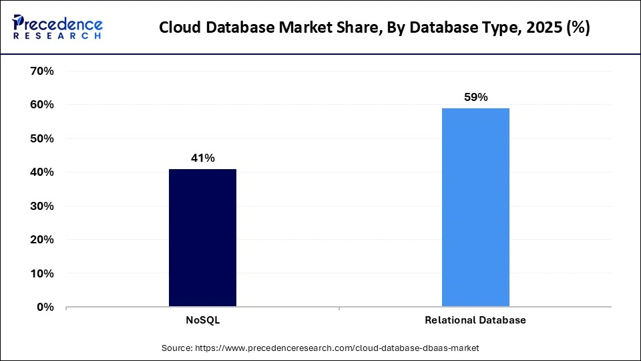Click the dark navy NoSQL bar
tap(202, 238)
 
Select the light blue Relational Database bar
tap(475, 207)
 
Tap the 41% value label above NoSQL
tap(202, 158)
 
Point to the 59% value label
tap(475, 98)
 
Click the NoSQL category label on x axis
tap(202, 320)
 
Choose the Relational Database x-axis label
tap(475, 320)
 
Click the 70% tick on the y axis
tap(42, 71)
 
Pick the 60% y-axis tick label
tap(42, 105)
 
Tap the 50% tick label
tap(42, 138)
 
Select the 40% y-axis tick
tap(42, 172)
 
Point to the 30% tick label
tap(42, 206)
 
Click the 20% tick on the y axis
tap(42, 240)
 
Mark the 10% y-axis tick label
tap(42, 273)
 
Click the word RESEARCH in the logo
tap(57, 36)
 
